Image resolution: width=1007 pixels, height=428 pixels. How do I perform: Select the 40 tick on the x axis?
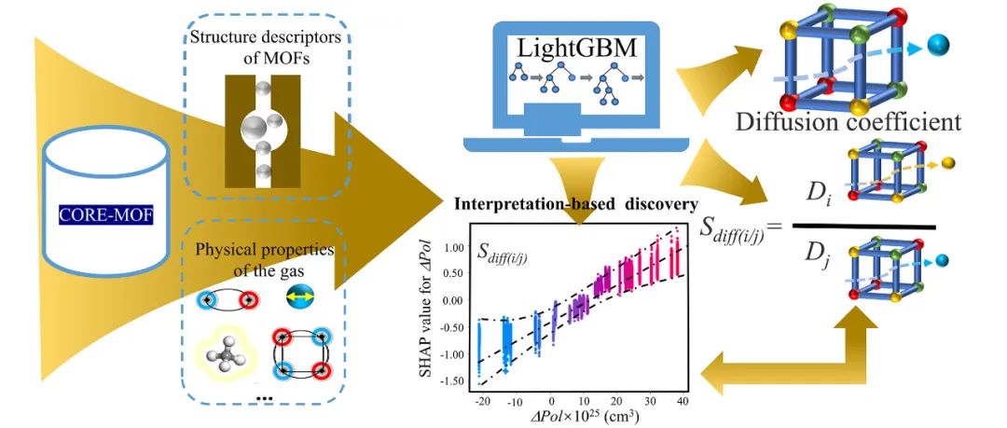point(683,402)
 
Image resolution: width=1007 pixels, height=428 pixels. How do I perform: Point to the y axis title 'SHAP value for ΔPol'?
point(425,308)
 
